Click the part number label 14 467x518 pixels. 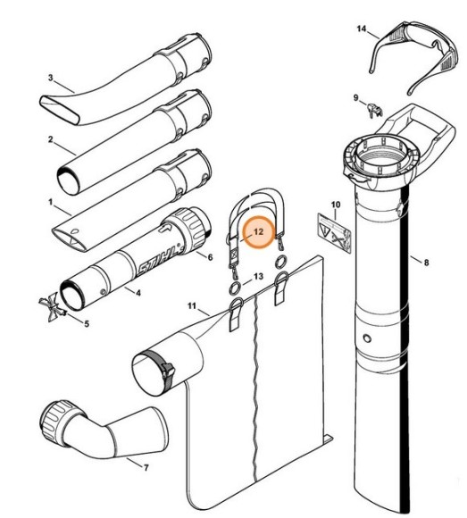point(362,29)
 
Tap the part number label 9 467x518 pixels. point(355,98)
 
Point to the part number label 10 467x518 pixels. point(336,206)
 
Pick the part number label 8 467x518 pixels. point(426,263)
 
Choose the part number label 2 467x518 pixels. point(51,139)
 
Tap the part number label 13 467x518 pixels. point(258,278)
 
